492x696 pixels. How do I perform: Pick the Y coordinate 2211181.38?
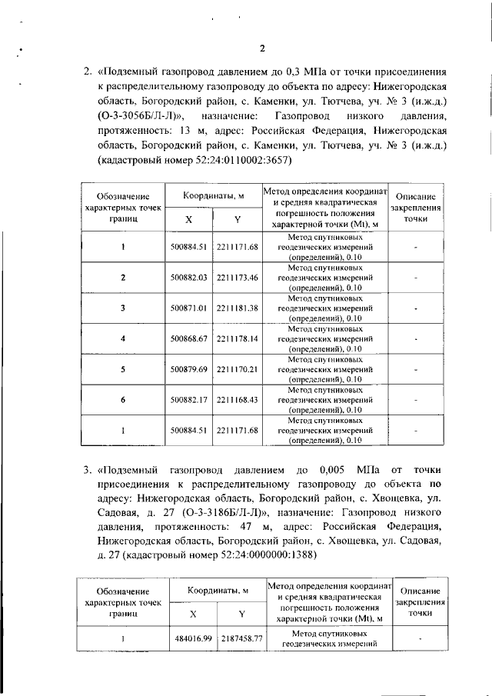(237, 308)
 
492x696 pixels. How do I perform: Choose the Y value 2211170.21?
(237, 368)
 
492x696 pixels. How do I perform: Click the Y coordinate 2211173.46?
(237, 277)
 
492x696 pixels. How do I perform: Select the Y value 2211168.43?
(237, 399)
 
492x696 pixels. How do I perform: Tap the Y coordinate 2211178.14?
(237, 338)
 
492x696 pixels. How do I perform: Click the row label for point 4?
(123, 338)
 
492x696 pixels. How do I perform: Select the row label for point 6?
(123, 399)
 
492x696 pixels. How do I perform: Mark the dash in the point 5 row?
(415, 368)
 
